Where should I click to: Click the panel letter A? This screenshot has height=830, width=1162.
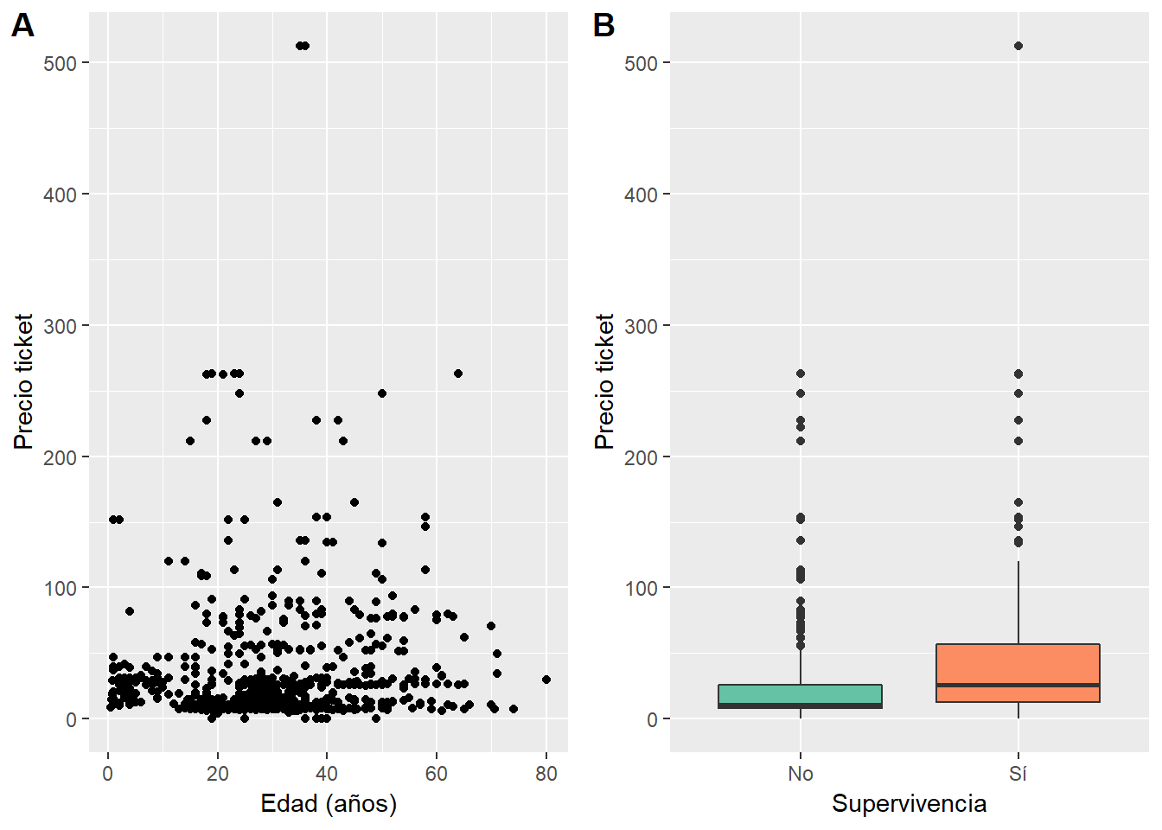click(x=22, y=26)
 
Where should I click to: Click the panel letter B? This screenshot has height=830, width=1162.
click(x=603, y=26)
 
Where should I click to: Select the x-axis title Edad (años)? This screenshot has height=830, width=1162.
click(x=329, y=804)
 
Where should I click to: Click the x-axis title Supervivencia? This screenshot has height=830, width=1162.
click(x=909, y=804)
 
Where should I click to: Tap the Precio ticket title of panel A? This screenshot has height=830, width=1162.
click(x=23, y=381)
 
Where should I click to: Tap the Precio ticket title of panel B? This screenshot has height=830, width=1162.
click(x=604, y=381)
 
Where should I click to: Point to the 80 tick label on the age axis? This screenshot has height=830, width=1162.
click(x=546, y=774)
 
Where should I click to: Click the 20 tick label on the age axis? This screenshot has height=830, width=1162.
click(x=217, y=774)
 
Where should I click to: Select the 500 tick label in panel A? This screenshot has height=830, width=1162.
click(x=61, y=63)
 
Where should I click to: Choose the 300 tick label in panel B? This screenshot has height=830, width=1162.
click(x=641, y=326)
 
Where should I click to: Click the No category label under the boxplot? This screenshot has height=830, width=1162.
click(x=801, y=774)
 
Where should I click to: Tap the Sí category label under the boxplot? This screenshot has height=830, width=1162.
click(x=1018, y=774)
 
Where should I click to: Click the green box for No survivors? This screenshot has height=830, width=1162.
click(x=800, y=694)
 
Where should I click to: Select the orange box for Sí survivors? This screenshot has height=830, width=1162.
click(x=1018, y=666)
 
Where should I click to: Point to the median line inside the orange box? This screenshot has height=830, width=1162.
click(x=1018, y=685)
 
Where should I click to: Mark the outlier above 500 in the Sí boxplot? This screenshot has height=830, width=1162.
click(x=1018, y=46)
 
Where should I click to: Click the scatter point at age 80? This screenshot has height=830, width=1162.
click(x=546, y=680)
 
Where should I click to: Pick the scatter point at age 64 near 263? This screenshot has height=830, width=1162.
click(x=458, y=373)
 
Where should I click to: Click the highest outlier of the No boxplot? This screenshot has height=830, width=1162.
click(x=801, y=373)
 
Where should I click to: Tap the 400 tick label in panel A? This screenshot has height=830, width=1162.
click(x=61, y=195)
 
